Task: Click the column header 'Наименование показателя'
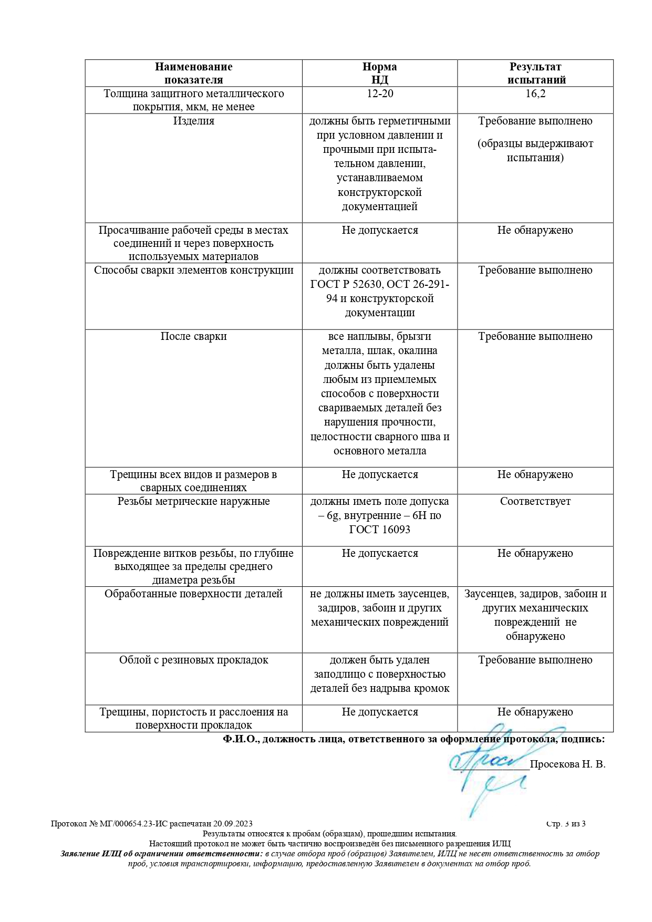(193, 74)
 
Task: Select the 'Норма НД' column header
(379, 74)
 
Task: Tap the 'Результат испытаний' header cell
(535, 74)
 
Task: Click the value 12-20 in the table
(380, 94)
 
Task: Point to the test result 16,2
(535, 94)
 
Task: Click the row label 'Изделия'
(194, 121)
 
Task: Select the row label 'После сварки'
(193, 337)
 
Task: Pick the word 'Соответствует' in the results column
(535, 502)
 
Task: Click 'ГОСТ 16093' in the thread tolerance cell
(379, 530)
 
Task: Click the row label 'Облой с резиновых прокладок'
(193, 660)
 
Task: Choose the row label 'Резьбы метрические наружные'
(193, 502)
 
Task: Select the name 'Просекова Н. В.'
(567, 764)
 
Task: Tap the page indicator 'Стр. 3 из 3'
(566, 824)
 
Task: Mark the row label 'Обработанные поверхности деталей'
(193, 594)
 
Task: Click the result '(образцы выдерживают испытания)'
(535, 151)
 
